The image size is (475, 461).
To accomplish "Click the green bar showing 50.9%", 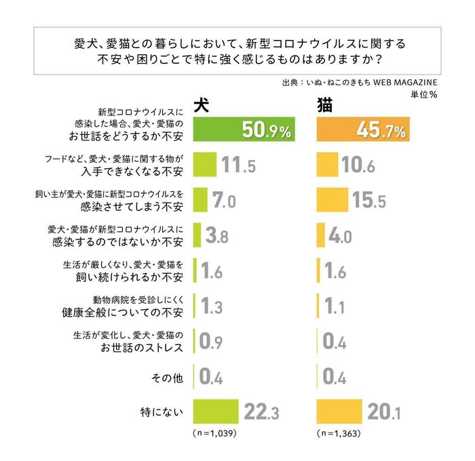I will coord(244,129).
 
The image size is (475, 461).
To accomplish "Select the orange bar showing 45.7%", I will coord(364,129).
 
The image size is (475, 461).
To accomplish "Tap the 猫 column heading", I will coord(324,105).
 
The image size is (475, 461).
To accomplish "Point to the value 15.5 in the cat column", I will coord(369,201).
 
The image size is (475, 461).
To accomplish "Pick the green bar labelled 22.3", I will coord(216,410).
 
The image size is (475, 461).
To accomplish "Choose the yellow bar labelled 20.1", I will coord(339,410).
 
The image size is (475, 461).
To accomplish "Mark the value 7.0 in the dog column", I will coord(223,201).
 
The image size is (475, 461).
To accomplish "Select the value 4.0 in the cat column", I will coord(339,236).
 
